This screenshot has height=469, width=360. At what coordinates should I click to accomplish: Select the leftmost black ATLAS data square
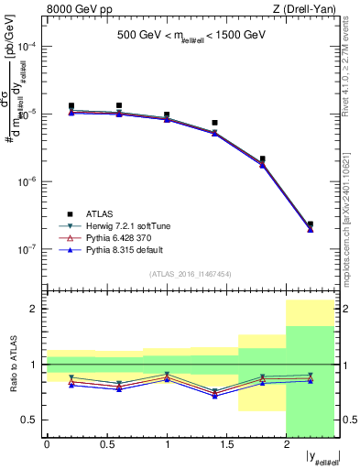(71, 106)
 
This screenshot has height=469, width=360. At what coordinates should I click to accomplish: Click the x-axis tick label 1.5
(226, 444)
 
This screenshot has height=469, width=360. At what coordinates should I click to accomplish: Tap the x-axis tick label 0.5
(106, 444)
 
